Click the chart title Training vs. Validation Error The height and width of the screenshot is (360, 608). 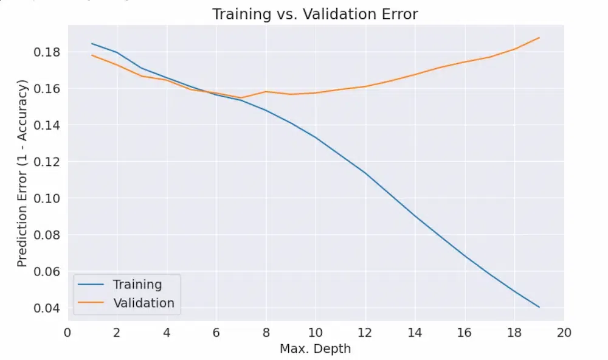(315, 14)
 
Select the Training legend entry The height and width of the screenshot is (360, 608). (137, 284)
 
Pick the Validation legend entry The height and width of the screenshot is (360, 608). (143, 303)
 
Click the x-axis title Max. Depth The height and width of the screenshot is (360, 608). (315, 349)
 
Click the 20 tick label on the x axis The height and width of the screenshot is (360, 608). (564, 333)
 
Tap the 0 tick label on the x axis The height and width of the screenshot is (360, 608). (67, 333)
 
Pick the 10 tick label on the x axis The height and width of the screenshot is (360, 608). (315, 333)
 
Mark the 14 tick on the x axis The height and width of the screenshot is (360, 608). (415, 333)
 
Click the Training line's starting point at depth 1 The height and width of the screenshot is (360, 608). (92, 43)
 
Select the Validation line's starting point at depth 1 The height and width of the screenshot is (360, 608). (92, 55)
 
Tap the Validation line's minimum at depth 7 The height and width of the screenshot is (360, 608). (241, 98)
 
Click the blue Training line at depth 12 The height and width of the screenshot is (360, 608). (365, 173)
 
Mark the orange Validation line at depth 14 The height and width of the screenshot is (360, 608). (415, 74)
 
